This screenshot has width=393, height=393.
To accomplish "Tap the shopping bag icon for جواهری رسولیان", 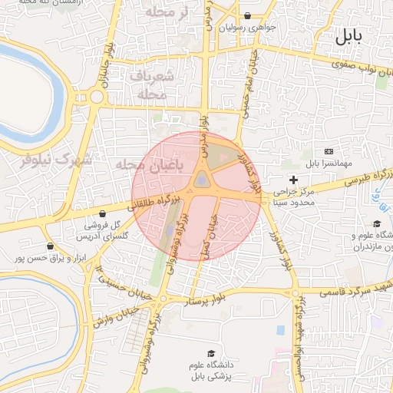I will pos(247,16).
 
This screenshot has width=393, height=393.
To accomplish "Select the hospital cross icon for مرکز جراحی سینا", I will pos(292,179).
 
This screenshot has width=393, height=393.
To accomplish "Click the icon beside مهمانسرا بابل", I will pos(329,151).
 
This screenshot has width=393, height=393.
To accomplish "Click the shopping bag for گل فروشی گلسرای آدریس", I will pos(103,213).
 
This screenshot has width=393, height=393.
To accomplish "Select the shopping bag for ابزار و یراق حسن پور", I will pos(51,247).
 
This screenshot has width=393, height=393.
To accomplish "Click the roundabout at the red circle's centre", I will pos(201,180).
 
